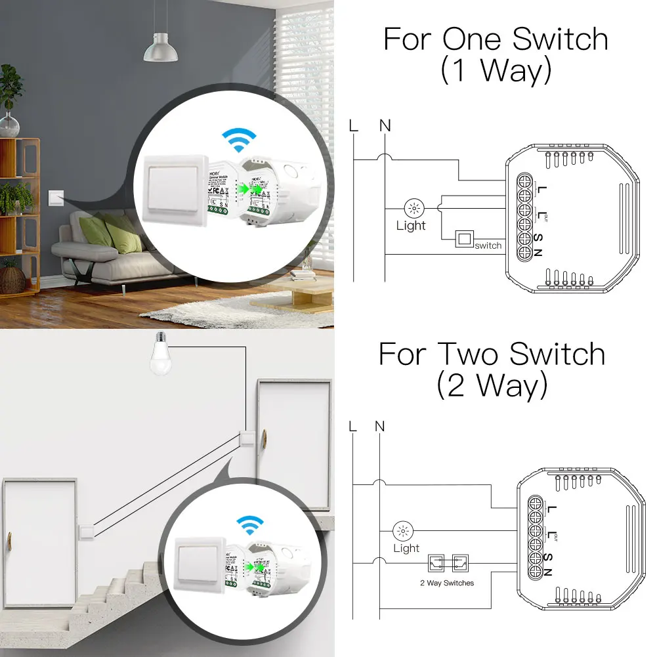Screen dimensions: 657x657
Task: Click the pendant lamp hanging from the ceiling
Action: (x=160, y=48)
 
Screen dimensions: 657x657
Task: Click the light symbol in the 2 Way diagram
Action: (x=402, y=530)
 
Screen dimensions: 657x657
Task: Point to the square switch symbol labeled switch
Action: (x=465, y=240)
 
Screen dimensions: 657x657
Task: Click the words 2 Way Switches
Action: (x=447, y=583)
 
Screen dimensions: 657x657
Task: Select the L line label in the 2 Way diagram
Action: (x=353, y=427)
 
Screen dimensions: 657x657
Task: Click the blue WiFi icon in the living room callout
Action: (x=239, y=140)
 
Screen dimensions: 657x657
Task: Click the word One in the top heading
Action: (x=472, y=39)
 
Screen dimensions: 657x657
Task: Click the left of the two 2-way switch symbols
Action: (x=436, y=562)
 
